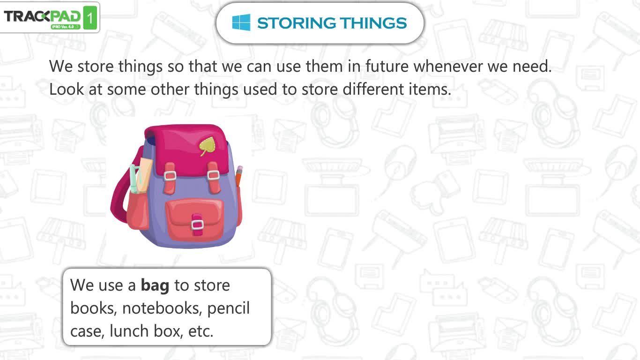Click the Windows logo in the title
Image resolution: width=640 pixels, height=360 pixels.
tap(241, 22)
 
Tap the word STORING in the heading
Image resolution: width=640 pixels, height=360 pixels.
tap(296, 23)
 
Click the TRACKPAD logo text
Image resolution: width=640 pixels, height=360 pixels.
tap(42, 16)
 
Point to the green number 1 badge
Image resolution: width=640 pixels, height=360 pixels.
tap(90, 18)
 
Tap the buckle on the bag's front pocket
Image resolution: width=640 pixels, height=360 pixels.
tap(197, 225)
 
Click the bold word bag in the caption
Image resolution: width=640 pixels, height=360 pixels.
tap(155, 285)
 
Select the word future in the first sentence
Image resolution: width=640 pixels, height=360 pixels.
tap(387, 66)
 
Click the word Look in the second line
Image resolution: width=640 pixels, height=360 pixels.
tap(67, 89)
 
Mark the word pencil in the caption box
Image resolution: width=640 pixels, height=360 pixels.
tap(228, 308)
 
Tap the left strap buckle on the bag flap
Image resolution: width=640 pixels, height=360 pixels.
tap(170, 175)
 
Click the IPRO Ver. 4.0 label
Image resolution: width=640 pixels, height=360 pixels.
tap(63, 27)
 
